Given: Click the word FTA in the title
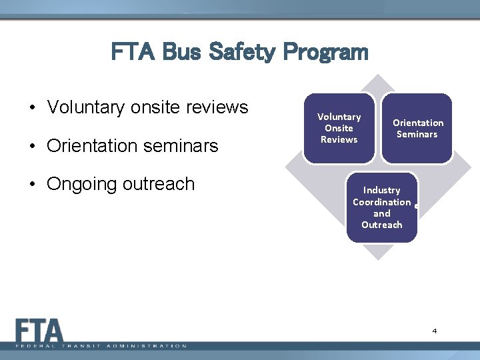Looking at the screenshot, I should (x=133, y=52).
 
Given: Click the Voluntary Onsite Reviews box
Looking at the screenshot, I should (x=339, y=128).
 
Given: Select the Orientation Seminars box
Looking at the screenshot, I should (x=417, y=128).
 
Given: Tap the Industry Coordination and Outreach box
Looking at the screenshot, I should (x=381, y=207).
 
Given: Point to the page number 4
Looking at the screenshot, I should (x=434, y=331).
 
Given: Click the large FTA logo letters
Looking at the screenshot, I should (x=39, y=331).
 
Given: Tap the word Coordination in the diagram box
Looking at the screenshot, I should (x=381, y=202).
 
